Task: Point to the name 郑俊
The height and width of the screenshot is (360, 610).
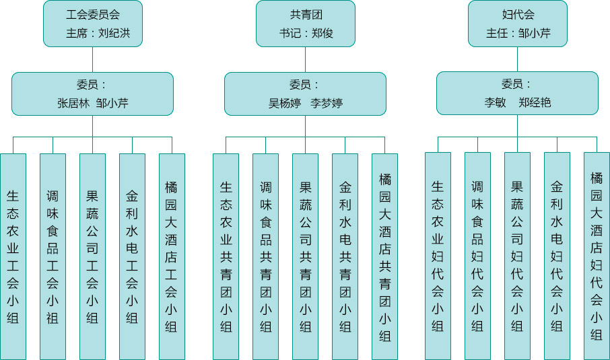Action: (x=323, y=33)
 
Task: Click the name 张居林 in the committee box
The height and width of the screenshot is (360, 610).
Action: (x=73, y=104)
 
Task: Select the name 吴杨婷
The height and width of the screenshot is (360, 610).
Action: (x=285, y=104)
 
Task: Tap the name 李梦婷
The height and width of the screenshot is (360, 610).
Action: (x=327, y=104)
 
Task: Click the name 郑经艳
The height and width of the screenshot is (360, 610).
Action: (x=535, y=104)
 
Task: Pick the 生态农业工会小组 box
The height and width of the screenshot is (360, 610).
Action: (x=13, y=256)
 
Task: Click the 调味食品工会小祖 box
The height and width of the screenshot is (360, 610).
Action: (x=53, y=256)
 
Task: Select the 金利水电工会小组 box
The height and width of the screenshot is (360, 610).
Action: (x=132, y=256)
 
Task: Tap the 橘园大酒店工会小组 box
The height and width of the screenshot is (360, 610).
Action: (x=172, y=256)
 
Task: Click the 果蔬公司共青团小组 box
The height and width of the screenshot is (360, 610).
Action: (x=305, y=256)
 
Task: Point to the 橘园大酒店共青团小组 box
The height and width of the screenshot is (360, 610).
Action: (x=384, y=256)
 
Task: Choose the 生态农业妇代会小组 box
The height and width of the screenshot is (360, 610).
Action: (x=438, y=256)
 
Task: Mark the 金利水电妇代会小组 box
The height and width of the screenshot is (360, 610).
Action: (x=557, y=256)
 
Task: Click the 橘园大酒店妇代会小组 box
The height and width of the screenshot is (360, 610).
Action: (x=597, y=256)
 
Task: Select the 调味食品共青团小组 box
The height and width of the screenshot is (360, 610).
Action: (x=265, y=256)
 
